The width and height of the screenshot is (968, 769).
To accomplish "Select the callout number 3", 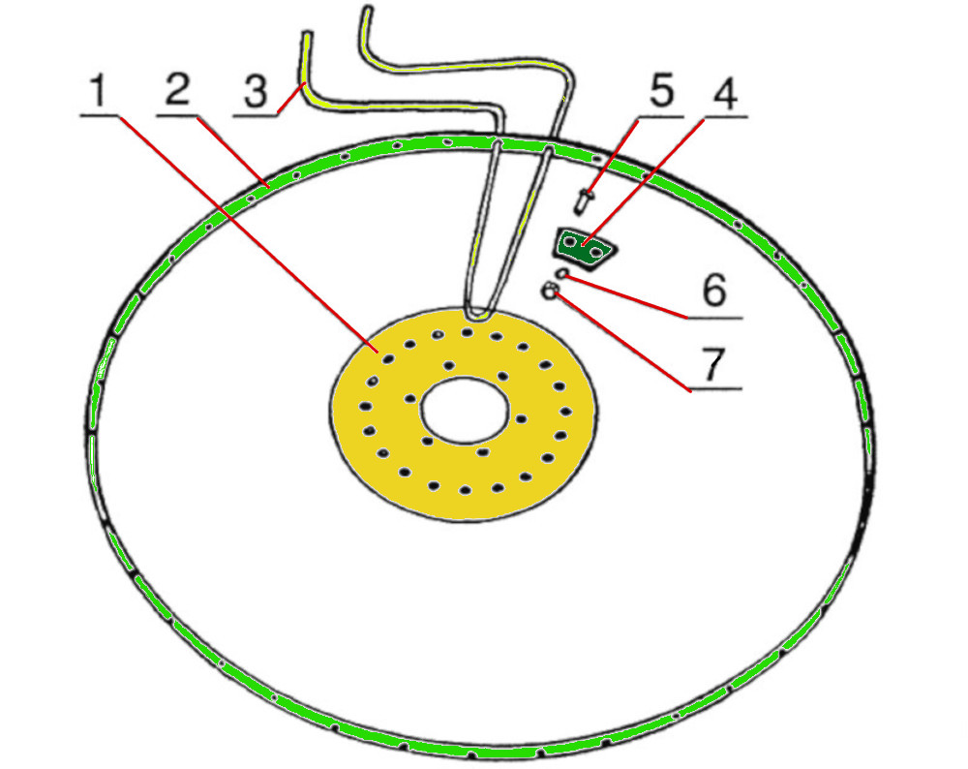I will (255, 94).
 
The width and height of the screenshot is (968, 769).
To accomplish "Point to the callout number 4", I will (724, 95).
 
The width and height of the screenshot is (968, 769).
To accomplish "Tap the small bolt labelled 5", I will (585, 200).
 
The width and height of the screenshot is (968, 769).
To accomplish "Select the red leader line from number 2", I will (232, 149).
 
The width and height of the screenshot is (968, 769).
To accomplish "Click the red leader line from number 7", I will (620, 339).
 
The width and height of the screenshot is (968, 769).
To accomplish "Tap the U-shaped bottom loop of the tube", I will (477, 312).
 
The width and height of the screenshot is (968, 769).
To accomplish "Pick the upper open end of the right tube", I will (366, 12).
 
